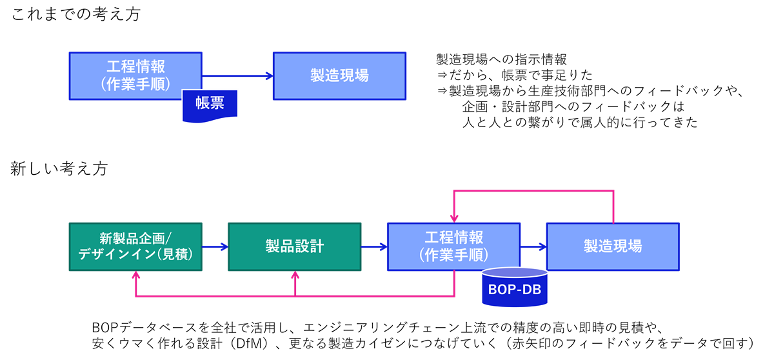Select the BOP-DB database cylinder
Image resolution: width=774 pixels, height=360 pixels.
pyautogui.click(x=515, y=288)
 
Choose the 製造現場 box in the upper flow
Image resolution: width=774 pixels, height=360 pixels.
pyautogui.click(x=339, y=76)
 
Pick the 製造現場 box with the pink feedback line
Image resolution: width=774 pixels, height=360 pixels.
pyautogui.click(x=613, y=246)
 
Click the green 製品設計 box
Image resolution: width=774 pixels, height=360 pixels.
pyautogui.click(x=295, y=246)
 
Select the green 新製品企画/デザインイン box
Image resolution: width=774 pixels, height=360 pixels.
pyautogui.click(x=135, y=246)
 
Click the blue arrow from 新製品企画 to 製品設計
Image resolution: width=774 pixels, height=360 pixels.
pyautogui.click(x=215, y=246)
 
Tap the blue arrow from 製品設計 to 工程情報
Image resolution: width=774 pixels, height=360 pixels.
pyautogui.click(x=374, y=246)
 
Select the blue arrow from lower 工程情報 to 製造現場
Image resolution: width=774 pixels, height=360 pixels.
pyautogui.click(x=533, y=246)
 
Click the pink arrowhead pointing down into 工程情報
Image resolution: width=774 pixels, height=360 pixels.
pyautogui.click(x=454, y=218)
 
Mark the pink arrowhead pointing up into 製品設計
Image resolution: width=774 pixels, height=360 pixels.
pyautogui.click(x=295, y=275)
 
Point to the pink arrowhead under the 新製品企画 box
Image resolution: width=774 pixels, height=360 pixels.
pyautogui.click(x=136, y=275)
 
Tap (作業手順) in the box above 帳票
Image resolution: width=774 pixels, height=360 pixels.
pyautogui.click(x=135, y=85)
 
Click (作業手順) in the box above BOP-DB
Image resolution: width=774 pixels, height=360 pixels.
pyautogui.click(x=453, y=255)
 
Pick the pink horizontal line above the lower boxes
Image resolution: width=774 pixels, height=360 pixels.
pyautogui.click(x=533, y=191)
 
